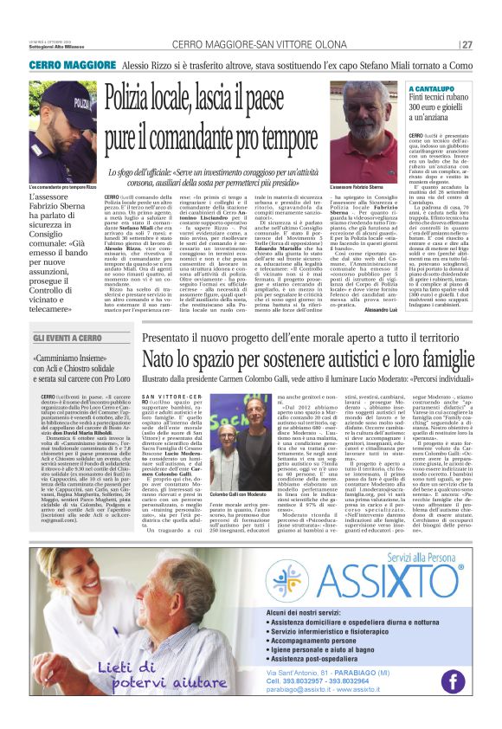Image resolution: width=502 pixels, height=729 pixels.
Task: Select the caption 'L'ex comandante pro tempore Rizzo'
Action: [x=62, y=186]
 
